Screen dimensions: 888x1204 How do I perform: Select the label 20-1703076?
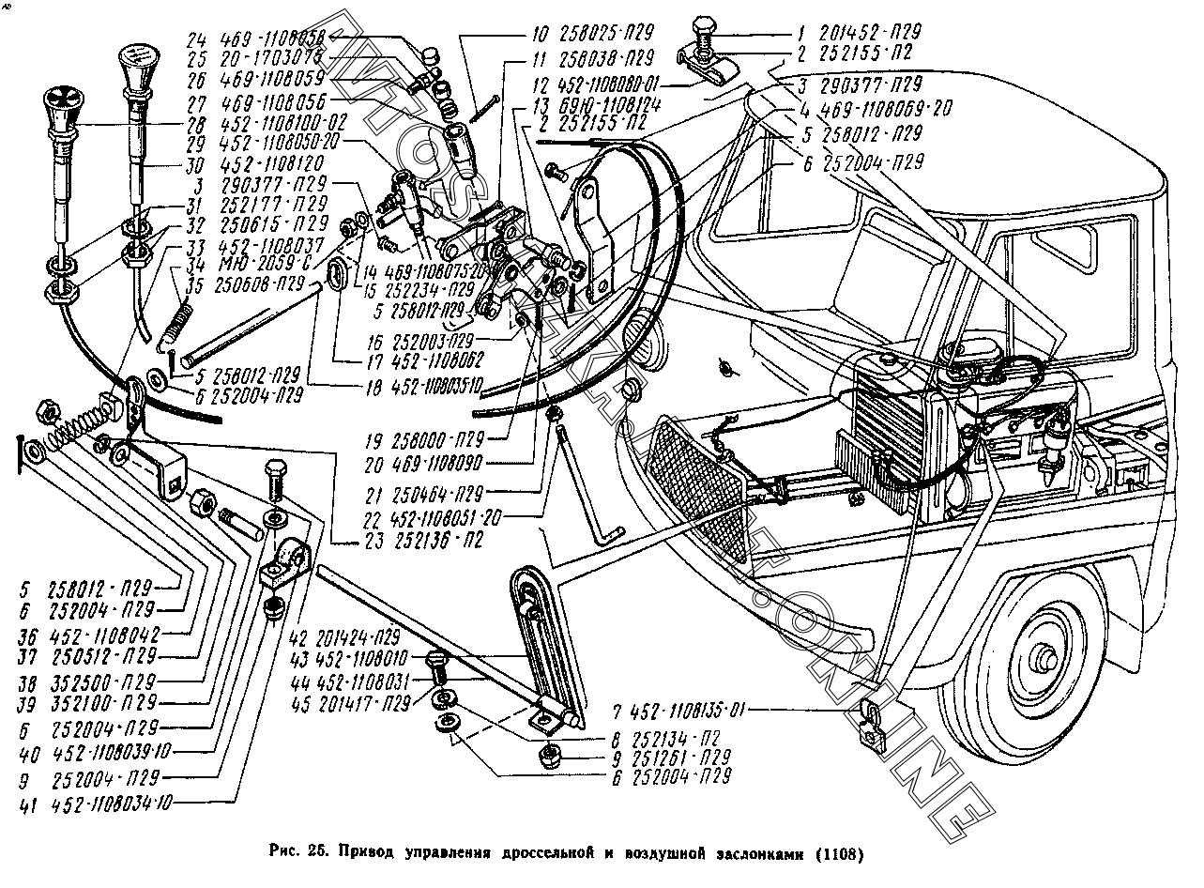coord(273,58)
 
